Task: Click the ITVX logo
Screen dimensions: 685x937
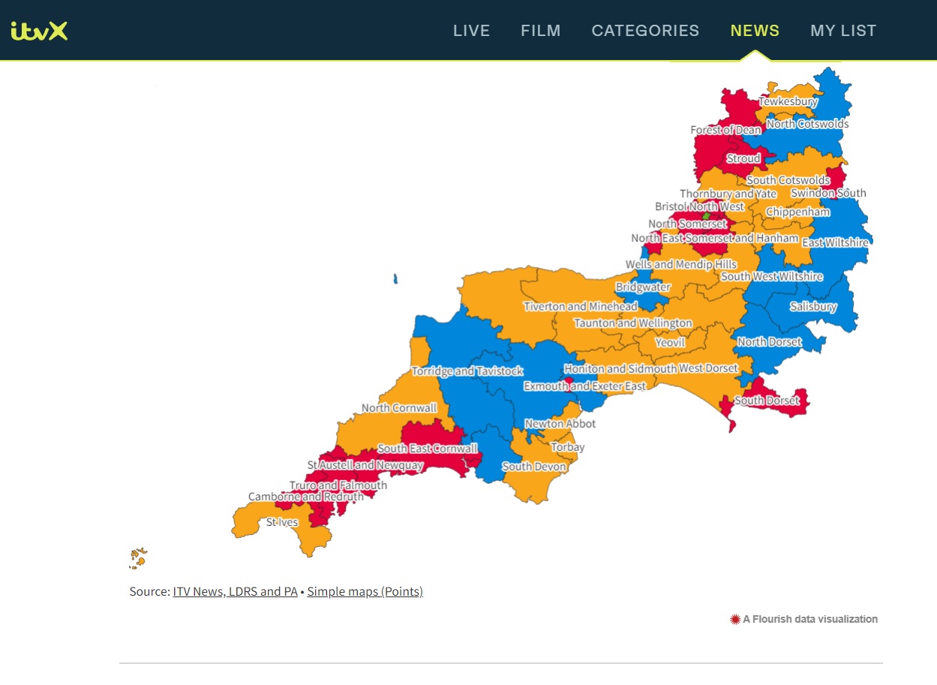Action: (40, 31)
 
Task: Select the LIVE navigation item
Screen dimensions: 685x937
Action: (471, 31)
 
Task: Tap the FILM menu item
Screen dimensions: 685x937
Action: (540, 31)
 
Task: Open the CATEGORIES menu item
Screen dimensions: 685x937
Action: (645, 31)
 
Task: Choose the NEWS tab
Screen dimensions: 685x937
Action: (755, 31)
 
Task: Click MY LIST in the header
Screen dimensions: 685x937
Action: (843, 31)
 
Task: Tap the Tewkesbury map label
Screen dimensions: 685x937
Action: (788, 101)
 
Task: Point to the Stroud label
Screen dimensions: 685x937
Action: (743, 158)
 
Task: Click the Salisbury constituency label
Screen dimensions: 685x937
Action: (813, 306)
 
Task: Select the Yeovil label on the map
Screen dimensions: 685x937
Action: (670, 342)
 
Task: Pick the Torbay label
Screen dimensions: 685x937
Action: (567, 447)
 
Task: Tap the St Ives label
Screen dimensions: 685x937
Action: (282, 522)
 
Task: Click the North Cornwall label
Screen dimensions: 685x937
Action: (399, 408)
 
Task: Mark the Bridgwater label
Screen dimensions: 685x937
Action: (643, 287)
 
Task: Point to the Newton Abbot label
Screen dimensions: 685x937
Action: (560, 423)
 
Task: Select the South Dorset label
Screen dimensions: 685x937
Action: (767, 400)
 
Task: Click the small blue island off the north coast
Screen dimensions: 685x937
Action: (395, 280)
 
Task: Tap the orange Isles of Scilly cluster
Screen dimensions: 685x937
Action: (138, 557)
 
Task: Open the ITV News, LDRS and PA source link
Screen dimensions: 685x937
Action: (235, 591)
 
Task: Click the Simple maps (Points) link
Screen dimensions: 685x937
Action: (365, 591)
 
